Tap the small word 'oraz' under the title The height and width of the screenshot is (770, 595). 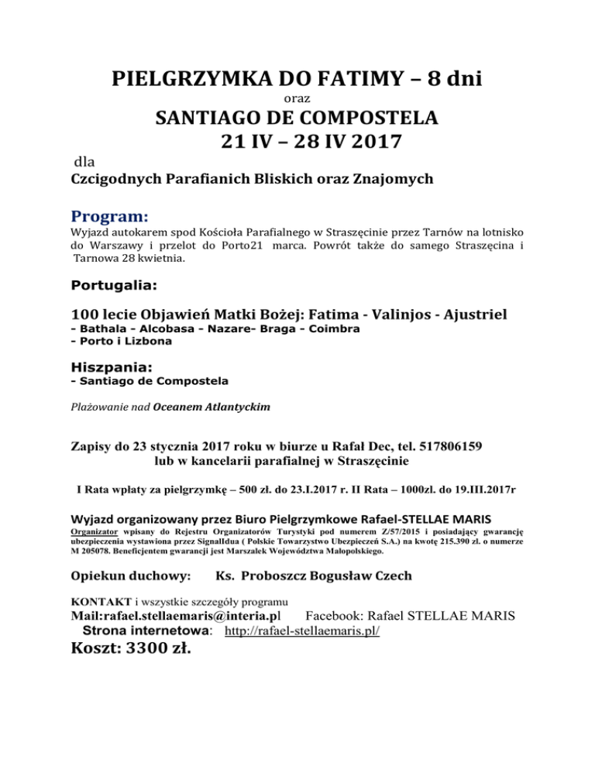[x=297, y=100]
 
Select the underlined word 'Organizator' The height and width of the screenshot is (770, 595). [x=95, y=532]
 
